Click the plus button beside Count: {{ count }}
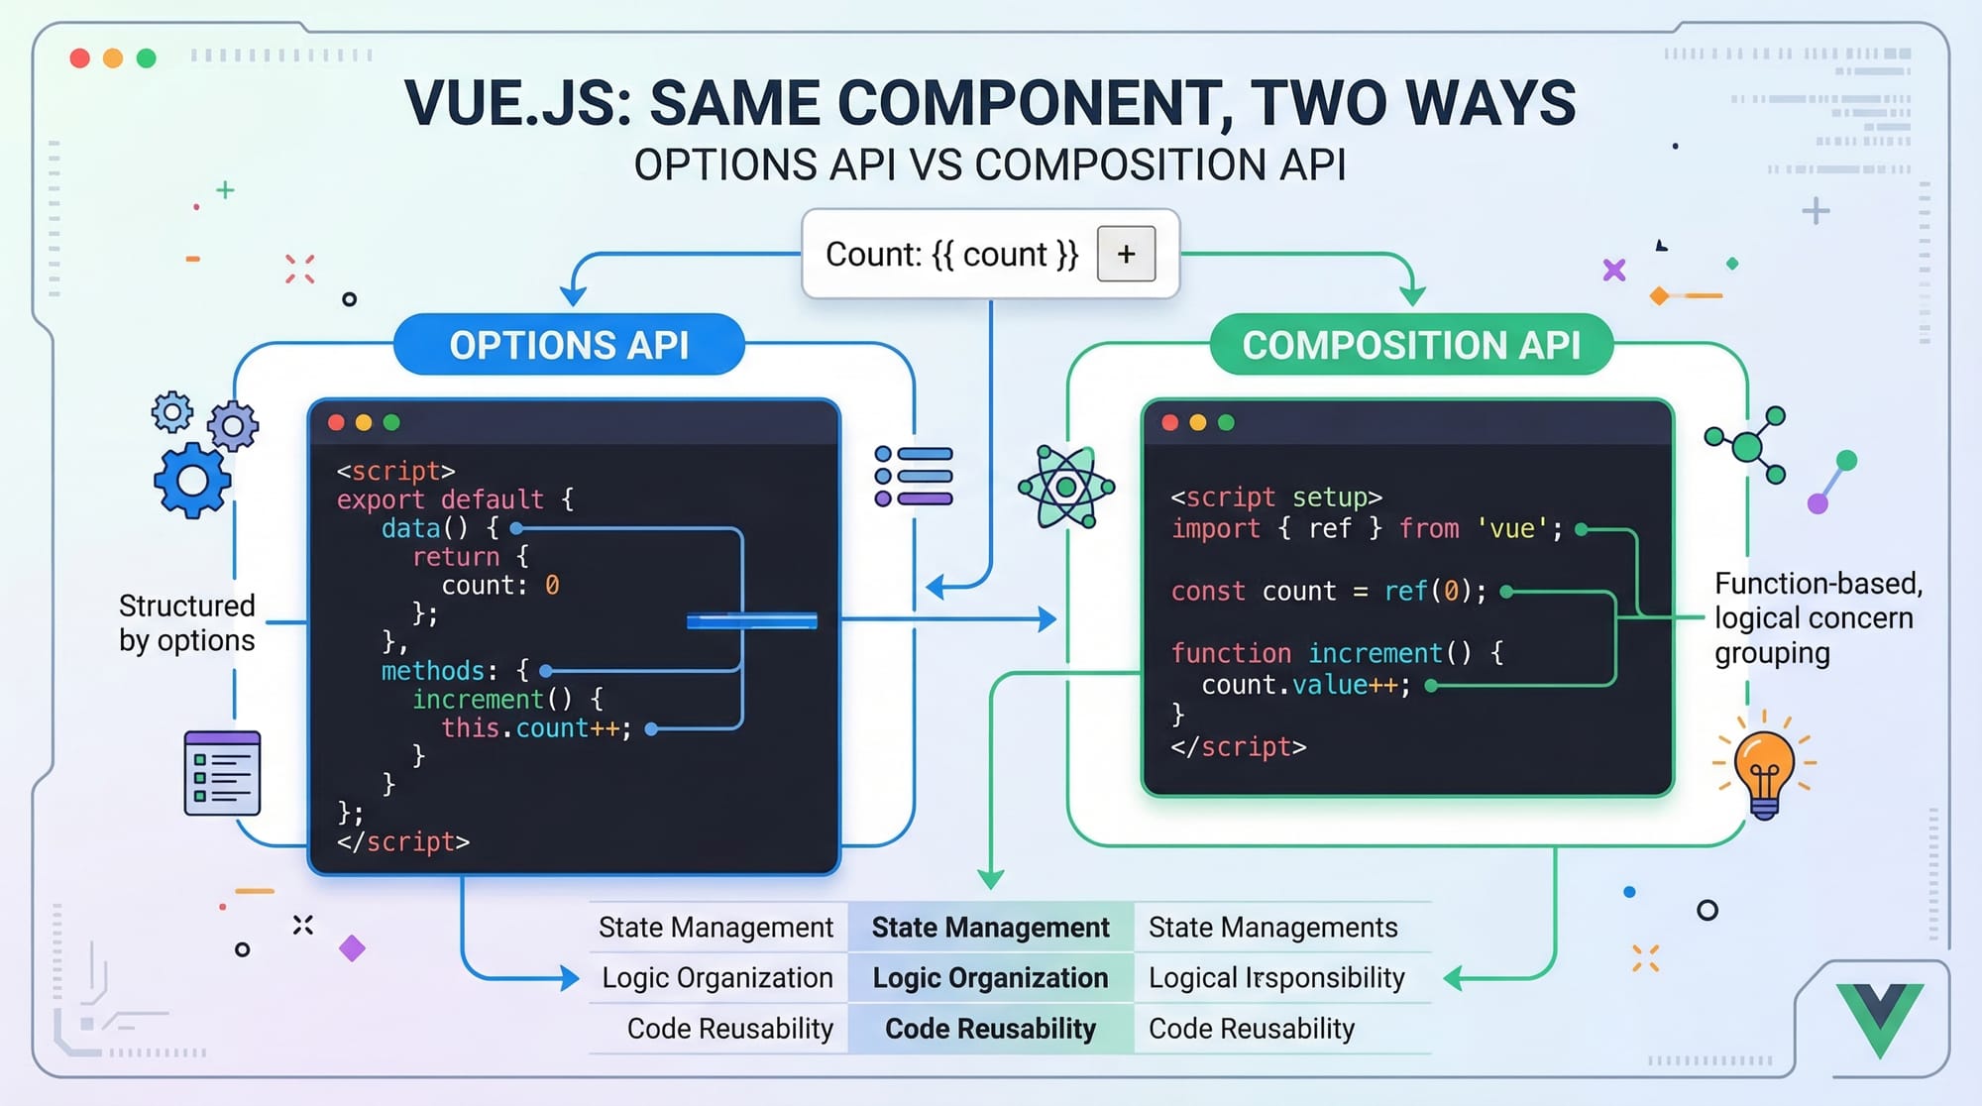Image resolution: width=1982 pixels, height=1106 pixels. pyautogui.click(x=1126, y=254)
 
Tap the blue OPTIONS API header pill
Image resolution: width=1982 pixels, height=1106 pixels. pyautogui.click(x=569, y=345)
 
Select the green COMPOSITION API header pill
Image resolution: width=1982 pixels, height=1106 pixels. pyautogui.click(x=1411, y=345)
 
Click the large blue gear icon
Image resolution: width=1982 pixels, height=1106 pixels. pyautogui.click(x=192, y=481)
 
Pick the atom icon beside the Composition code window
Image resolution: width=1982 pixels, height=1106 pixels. pyautogui.click(x=1066, y=487)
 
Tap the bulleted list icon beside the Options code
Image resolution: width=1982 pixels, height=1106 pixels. pyautogui.click(x=914, y=477)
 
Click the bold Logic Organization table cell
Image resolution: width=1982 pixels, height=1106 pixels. pyautogui.click(x=990, y=978)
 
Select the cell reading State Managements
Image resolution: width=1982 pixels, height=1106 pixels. pyautogui.click(x=1272, y=928)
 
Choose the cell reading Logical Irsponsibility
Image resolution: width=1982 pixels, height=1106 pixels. pyautogui.click(x=1276, y=978)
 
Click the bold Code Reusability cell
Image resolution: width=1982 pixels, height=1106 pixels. pyautogui.click(x=990, y=1029)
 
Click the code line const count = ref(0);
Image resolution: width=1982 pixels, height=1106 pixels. pyautogui.click(x=1328, y=592)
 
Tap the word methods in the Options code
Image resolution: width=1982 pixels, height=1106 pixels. pyautogui.click(x=433, y=671)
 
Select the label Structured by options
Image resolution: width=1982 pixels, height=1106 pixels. pyautogui.click(x=187, y=623)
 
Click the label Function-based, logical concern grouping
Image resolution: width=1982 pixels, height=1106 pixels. pyautogui.click(x=1817, y=617)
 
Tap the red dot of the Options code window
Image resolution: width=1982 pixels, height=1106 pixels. pyautogui.click(x=336, y=423)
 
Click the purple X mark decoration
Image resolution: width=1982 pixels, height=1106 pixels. pyautogui.click(x=1614, y=270)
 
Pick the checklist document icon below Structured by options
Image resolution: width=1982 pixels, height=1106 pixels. pyautogui.click(x=222, y=773)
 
